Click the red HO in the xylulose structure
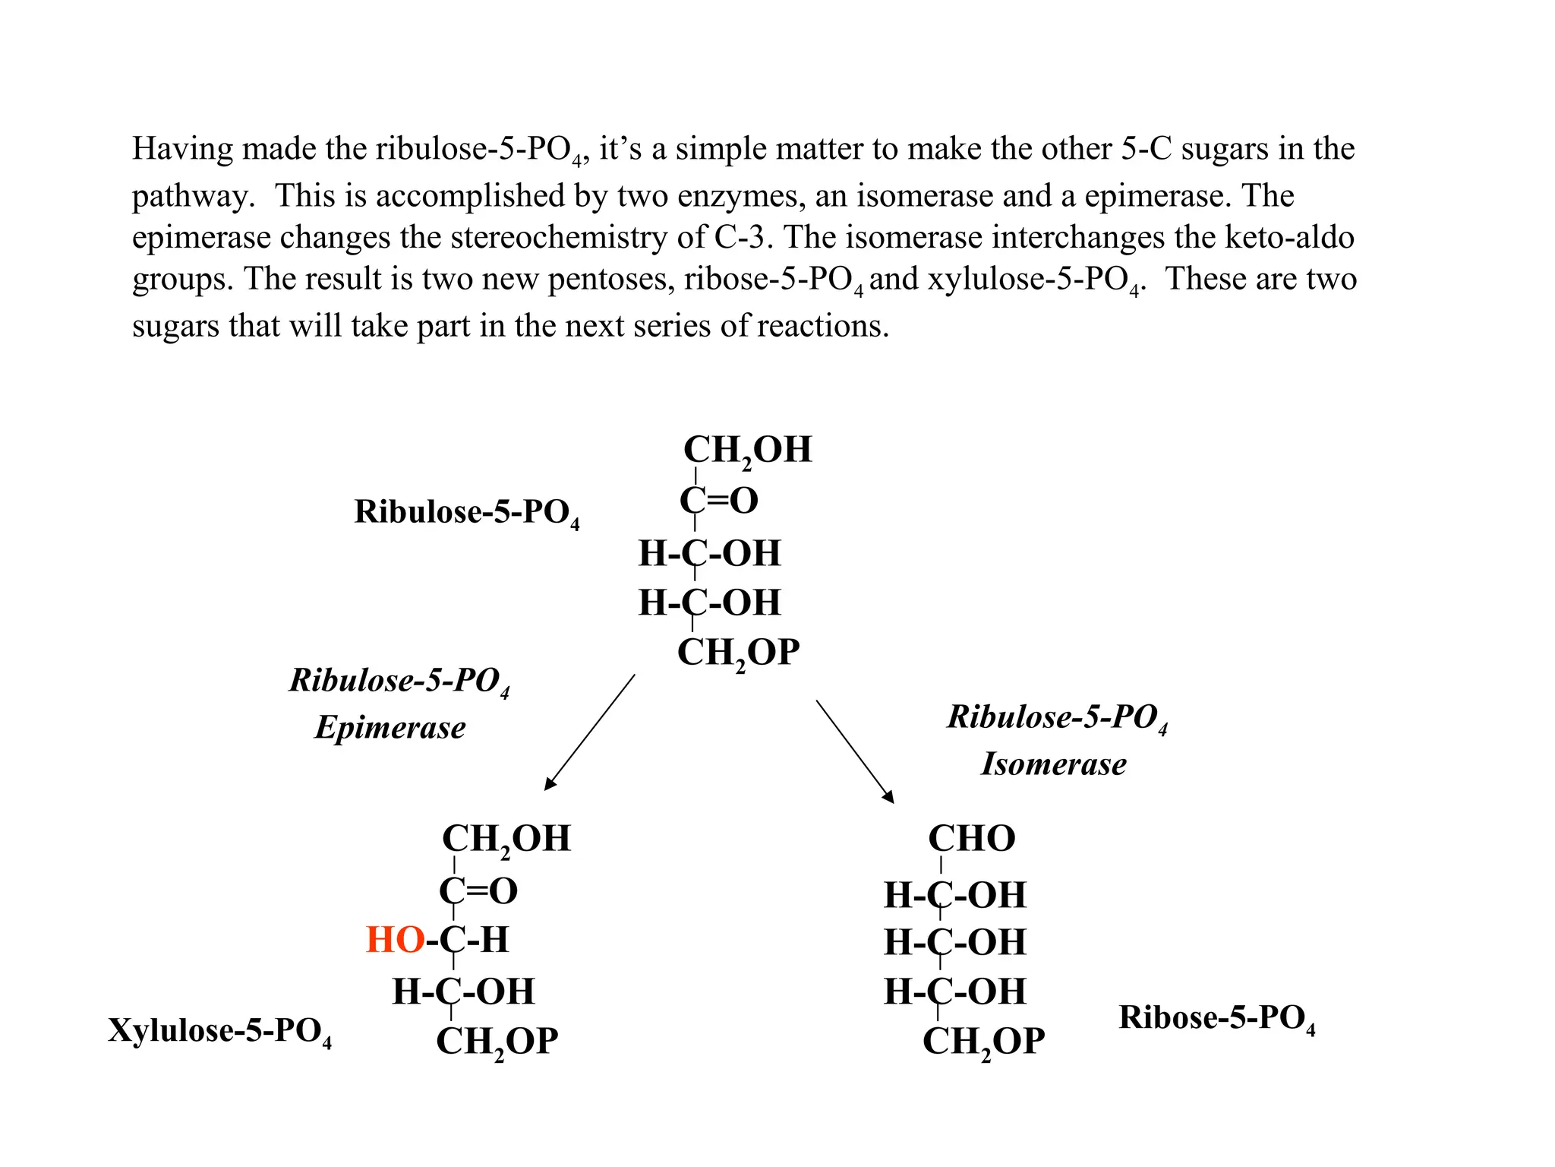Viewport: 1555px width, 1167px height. [x=395, y=940]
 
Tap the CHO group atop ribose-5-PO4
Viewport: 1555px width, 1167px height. [x=971, y=839]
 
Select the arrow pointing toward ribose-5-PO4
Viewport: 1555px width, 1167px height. [x=855, y=751]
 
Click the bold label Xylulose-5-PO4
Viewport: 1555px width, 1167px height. [x=219, y=1031]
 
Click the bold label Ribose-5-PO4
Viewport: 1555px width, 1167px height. [x=1216, y=1018]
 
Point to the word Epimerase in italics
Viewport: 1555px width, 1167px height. [x=390, y=727]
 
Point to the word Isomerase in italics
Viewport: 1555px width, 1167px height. [x=1054, y=764]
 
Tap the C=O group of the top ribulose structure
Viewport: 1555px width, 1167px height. [x=719, y=501]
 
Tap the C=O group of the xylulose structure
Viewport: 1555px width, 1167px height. [x=478, y=890]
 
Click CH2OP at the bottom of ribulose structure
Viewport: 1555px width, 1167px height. [x=738, y=653]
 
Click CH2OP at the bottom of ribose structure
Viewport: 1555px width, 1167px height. [x=983, y=1042]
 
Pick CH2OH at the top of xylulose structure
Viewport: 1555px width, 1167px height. [x=506, y=840]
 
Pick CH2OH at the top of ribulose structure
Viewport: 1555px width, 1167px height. [x=748, y=450]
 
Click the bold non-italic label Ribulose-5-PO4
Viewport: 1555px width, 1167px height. [x=466, y=512]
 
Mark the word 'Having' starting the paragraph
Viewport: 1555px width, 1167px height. [x=181, y=149]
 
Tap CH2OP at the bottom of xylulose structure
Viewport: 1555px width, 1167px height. [x=497, y=1042]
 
